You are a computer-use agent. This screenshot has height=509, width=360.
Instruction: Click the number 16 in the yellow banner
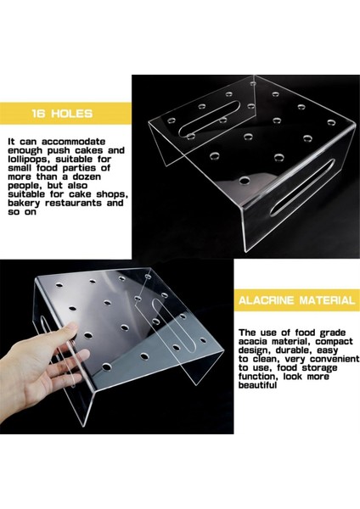point(39,114)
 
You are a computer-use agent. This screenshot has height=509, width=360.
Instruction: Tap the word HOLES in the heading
point(71,114)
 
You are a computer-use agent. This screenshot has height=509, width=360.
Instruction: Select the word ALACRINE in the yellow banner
point(266,300)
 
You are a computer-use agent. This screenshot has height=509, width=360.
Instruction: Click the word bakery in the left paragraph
point(24,204)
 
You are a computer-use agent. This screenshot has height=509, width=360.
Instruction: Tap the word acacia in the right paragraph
point(253,342)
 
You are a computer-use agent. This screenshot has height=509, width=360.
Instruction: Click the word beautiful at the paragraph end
point(257,385)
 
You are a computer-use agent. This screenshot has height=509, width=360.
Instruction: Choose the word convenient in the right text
point(335,359)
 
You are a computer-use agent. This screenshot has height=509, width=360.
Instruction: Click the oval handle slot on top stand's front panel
point(303,187)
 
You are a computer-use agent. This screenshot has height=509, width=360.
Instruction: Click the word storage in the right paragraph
point(319,368)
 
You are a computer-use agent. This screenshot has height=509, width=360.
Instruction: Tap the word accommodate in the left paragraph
point(73,142)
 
